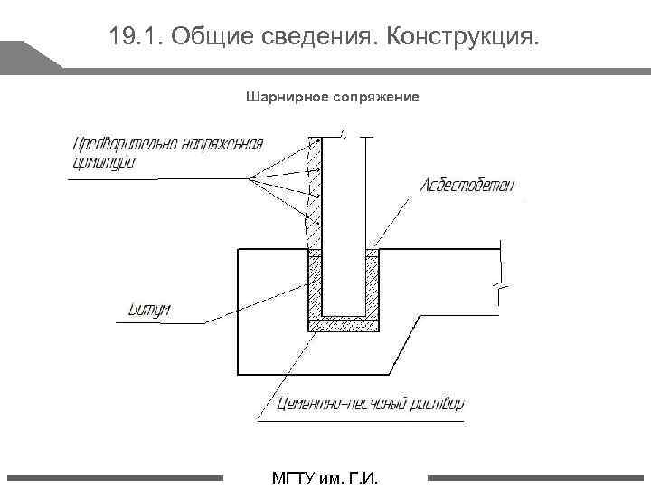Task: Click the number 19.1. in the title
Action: click(135, 37)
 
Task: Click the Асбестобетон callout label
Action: click(467, 186)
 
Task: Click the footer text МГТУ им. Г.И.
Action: click(325, 477)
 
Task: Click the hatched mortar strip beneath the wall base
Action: click(344, 323)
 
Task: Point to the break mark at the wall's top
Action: click(344, 136)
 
